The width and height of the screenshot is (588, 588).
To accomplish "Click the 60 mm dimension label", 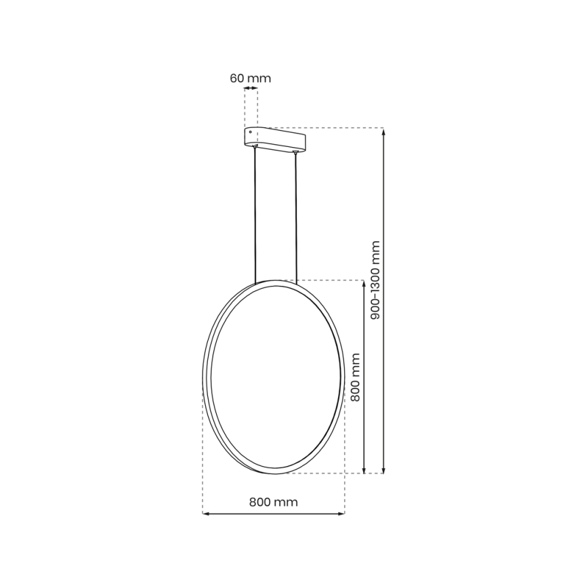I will [251, 78].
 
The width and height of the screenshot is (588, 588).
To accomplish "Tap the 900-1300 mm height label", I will [377, 280].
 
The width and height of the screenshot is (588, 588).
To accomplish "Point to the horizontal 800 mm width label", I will [273, 502].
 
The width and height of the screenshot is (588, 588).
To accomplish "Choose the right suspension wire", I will [296, 217].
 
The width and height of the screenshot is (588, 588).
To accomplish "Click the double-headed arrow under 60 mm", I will [251, 89].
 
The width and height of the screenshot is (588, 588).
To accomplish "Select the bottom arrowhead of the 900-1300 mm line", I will [384, 469].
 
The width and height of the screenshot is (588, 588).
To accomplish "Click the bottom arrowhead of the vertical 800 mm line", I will [365, 469].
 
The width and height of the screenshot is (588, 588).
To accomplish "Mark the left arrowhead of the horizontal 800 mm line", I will [207, 514].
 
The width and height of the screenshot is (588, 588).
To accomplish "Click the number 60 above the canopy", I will [237, 78].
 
